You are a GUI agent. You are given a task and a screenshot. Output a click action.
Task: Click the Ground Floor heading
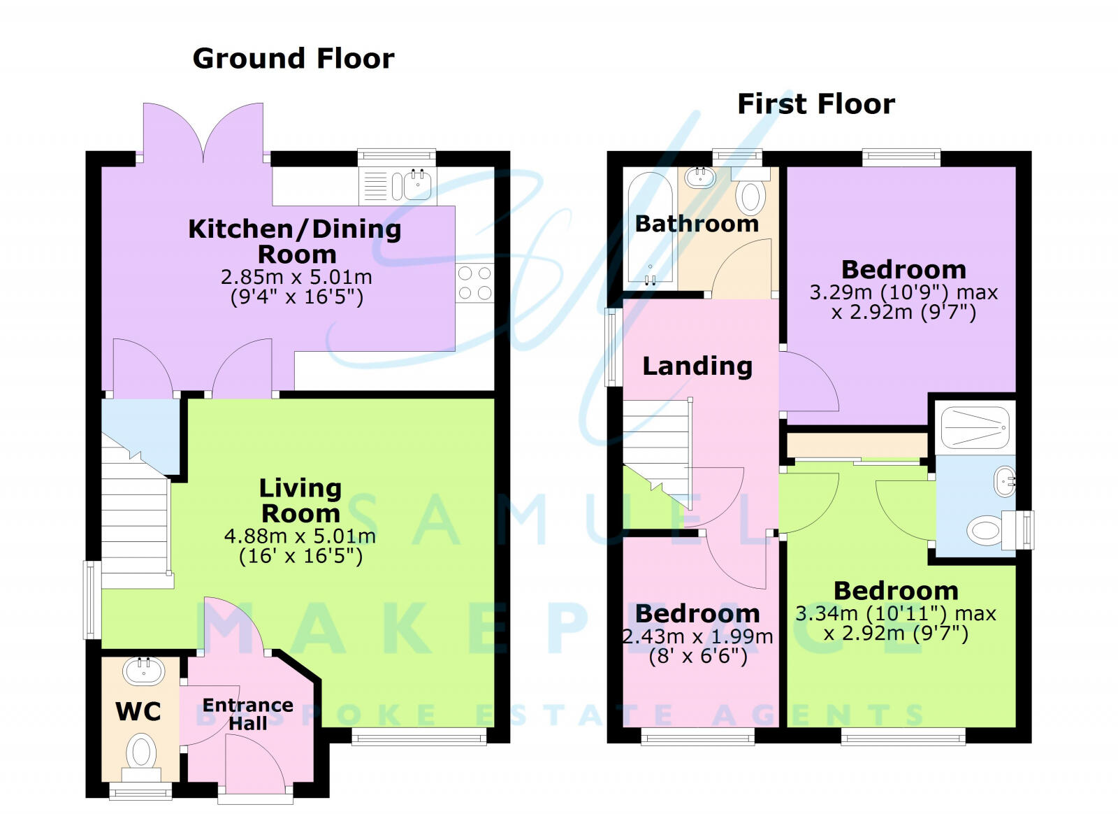click(293, 58)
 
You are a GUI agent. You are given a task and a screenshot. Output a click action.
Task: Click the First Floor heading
click(815, 104)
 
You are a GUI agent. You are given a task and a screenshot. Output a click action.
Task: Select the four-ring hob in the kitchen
click(474, 283)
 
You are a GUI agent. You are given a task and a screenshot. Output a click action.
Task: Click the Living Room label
click(300, 501)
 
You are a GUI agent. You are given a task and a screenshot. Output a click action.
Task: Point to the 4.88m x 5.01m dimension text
click(300, 536)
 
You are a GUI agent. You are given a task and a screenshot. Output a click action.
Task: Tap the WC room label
click(138, 712)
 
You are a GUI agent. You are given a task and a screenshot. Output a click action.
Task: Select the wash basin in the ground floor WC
click(144, 671)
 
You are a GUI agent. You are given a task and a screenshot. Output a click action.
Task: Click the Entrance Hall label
click(247, 713)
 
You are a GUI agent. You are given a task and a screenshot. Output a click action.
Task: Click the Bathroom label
click(697, 224)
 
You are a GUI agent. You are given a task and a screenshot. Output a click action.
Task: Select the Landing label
click(697, 366)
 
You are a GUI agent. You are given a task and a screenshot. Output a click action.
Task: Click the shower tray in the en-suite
click(975, 427)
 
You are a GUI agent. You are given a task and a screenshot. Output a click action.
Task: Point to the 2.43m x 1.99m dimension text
click(697, 637)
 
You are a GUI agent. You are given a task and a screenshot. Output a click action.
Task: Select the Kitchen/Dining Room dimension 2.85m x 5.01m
click(296, 277)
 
